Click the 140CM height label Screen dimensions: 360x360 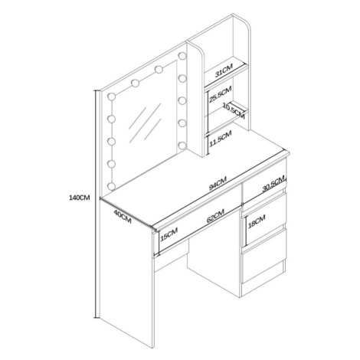tap(80, 198)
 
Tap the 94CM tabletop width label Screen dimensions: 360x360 tap(218, 184)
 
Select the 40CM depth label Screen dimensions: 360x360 tap(123, 217)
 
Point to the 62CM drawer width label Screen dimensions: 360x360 tap(215, 216)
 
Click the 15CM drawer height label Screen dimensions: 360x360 tap(169, 234)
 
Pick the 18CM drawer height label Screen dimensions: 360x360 tap(257, 221)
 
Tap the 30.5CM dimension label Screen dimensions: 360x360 tap(273, 185)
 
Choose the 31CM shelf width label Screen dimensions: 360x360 tap(224, 70)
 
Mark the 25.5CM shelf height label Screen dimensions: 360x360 tap(220, 94)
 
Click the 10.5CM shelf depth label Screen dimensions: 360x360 tap(234, 110)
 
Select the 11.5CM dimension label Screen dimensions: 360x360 tap(221, 139)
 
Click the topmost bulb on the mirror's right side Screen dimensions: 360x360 tap(182, 56)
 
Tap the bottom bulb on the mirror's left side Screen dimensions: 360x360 tap(112, 186)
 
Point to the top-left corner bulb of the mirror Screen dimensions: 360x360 tap(112, 97)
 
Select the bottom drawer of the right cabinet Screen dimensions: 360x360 tap(263, 266)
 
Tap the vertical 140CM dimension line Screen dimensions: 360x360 tap(97, 205)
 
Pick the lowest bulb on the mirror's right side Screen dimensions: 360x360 tap(182, 146)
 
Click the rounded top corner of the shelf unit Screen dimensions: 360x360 tap(247, 25)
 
